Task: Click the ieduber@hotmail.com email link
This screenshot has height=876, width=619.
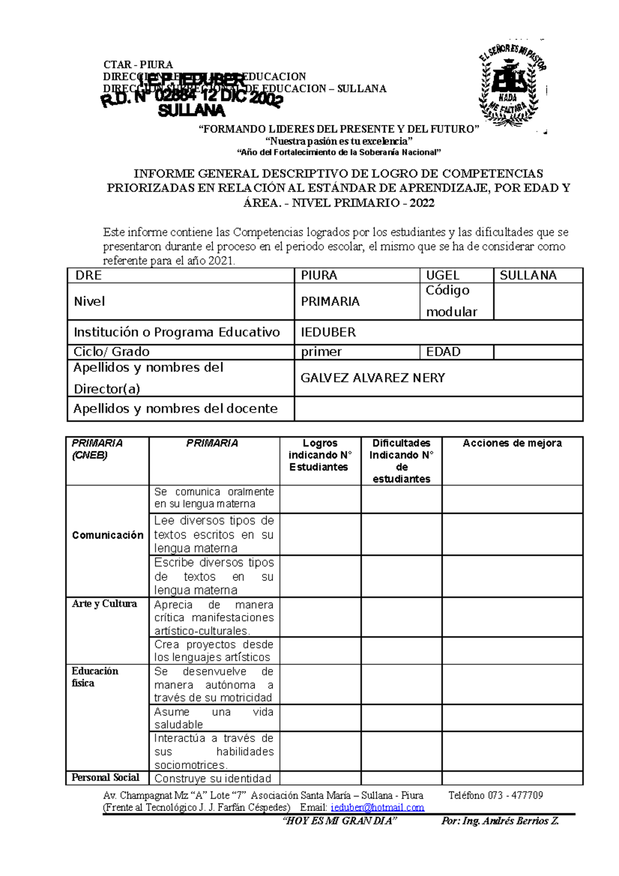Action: pyautogui.click(x=377, y=807)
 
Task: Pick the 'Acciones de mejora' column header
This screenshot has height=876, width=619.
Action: pyautogui.click(x=512, y=443)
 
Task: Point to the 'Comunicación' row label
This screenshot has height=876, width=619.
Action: pyautogui.click(x=107, y=535)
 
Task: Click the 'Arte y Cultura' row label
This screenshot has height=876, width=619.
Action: pyautogui.click(x=105, y=604)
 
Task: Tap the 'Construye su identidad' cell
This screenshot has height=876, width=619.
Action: pyautogui.click(x=213, y=778)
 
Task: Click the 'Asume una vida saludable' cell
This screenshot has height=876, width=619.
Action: pyautogui.click(x=214, y=718)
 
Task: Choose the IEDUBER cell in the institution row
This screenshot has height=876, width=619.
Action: pyautogui.click(x=329, y=332)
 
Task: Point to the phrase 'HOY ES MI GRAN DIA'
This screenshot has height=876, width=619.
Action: pyautogui.click(x=340, y=821)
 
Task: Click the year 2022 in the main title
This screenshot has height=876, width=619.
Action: pyautogui.click(x=422, y=203)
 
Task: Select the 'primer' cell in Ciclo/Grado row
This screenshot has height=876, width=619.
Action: pyautogui.click(x=321, y=352)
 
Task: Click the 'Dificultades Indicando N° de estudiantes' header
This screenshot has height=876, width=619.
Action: pyautogui.click(x=401, y=461)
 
